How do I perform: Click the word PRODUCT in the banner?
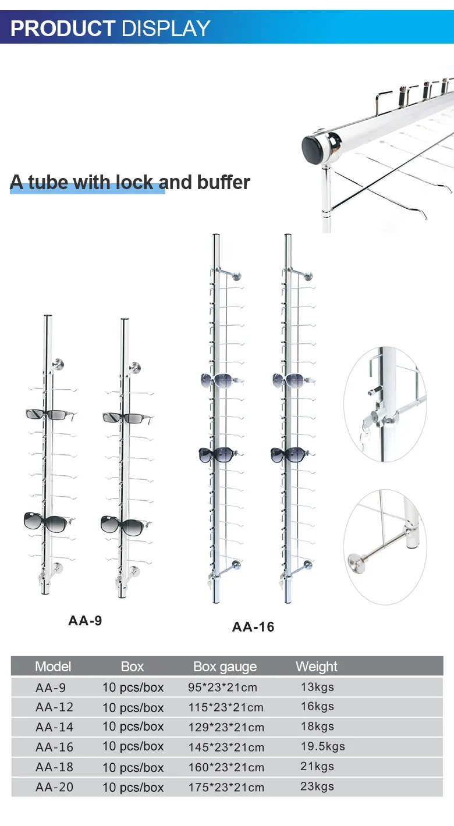click(63, 28)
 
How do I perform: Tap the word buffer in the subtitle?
click(223, 182)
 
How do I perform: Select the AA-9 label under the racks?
click(85, 621)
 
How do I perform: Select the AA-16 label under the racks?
click(253, 627)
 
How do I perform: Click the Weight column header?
click(316, 667)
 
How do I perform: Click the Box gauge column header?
click(225, 667)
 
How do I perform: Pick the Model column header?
click(53, 667)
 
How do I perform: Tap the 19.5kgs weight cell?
click(322, 746)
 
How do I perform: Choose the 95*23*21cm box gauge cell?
click(222, 688)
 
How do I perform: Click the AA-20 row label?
click(54, 787)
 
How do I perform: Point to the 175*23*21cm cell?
click(226, 788)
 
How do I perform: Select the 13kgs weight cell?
click(317, 687)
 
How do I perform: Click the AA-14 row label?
click(54, 727)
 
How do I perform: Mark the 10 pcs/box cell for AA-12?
click(133, 708)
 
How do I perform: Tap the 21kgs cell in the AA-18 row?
click(317, 767)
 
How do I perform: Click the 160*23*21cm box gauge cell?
click(226, 767)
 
